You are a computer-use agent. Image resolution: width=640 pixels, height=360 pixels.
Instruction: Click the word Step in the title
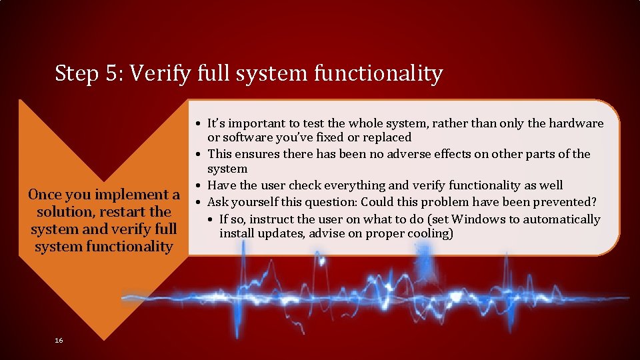(x=77, y=73)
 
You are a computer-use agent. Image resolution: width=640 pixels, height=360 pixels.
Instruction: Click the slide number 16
(x=59, y=341)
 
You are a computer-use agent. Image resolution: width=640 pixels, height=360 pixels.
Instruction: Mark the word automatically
(x=562, y=219)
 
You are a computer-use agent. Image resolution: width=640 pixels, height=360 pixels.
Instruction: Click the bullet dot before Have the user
(x=199, y=185)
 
